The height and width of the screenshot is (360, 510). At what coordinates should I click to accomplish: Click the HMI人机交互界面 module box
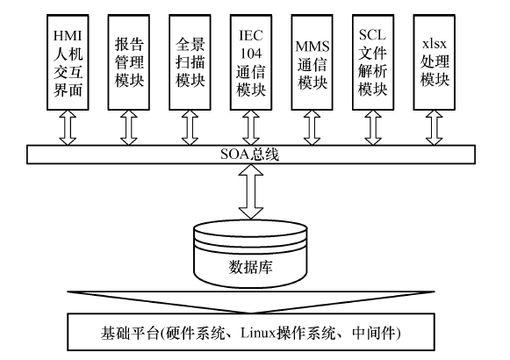coord(68,62)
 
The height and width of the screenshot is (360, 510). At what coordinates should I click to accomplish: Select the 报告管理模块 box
coord(129,62)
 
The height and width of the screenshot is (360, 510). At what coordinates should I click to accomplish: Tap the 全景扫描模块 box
coord(190,62)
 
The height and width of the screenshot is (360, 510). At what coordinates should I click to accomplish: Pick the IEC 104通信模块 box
coord(251,62)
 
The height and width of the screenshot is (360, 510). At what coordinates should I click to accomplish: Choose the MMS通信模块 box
coord(312,62)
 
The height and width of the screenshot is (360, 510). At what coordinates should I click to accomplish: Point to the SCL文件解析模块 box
coord(373,62)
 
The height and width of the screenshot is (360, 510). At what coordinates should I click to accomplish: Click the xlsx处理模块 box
coord(435,62)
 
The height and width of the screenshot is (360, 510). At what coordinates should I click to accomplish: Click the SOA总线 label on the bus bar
coord(249,155)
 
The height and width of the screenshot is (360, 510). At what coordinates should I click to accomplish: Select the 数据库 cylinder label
coord(250,267)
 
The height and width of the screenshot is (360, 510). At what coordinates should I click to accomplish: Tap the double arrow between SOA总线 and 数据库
coord(251,191)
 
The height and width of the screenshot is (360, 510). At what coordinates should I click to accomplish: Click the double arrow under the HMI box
coord(68,128)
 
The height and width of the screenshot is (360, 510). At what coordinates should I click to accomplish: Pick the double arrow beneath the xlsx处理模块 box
coord(435,128)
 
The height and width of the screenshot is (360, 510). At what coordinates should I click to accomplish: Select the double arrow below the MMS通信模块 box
coord(312,128)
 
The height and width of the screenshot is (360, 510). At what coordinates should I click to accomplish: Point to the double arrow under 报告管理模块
coord(129,128)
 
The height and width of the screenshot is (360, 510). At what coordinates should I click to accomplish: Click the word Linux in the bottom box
coord(258,333)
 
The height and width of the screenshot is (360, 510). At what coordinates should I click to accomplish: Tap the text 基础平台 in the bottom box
coord(129,333)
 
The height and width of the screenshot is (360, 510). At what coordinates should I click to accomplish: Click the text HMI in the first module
coord(68,35)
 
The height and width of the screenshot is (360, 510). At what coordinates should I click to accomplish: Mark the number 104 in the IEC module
coord(251,54)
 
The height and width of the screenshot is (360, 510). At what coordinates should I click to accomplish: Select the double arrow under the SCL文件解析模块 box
coord(373,128)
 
